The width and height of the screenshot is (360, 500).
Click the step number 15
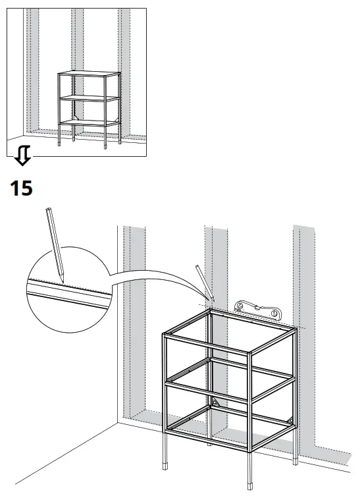(21, 188)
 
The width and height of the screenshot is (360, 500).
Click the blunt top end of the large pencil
(47, 210)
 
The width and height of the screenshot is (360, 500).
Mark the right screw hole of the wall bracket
(274, 315)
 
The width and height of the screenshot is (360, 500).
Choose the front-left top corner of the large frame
(164, 336)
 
